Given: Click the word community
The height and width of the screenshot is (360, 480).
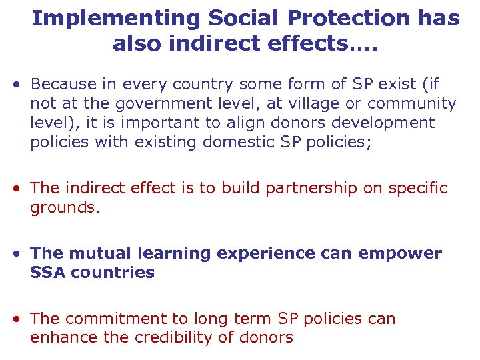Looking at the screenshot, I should coord(411,104).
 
